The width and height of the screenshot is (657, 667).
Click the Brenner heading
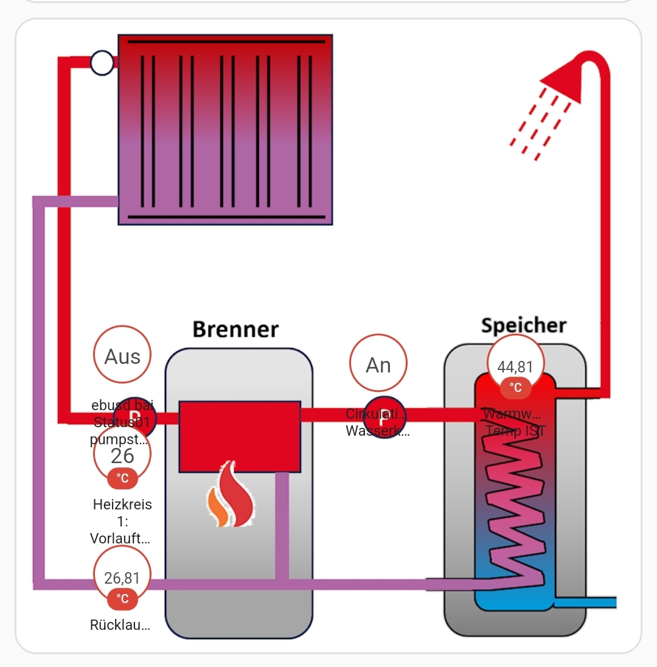coord(235,329)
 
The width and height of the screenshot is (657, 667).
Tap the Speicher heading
coord(523,325)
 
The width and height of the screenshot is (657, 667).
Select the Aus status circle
coord(122,354)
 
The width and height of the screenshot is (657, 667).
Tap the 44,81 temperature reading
coord(515,366)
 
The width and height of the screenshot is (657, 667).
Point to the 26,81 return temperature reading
coord(122,577)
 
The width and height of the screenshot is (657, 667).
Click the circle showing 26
coord(122,454)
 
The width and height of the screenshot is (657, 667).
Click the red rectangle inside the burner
coord(240,436)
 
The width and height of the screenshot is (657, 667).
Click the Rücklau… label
coord(120,625)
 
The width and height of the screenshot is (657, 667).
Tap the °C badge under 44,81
coord(515,388)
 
